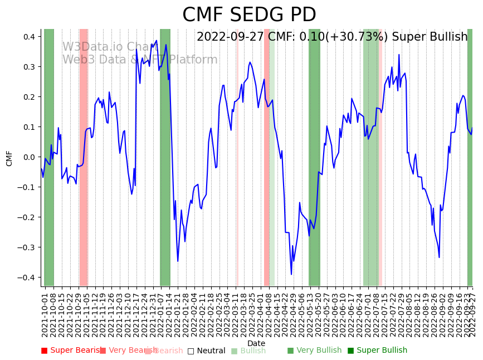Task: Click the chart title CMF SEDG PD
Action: coord(249,15)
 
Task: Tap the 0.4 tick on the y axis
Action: coord(29,37)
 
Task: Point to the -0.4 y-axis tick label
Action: coord(27,278)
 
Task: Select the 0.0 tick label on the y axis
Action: coord(29,157)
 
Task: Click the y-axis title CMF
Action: coord(9,158)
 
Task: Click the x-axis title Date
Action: coord(256,343)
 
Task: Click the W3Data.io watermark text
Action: coord(106,47)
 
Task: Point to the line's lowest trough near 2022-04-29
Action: coord(291,274)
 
